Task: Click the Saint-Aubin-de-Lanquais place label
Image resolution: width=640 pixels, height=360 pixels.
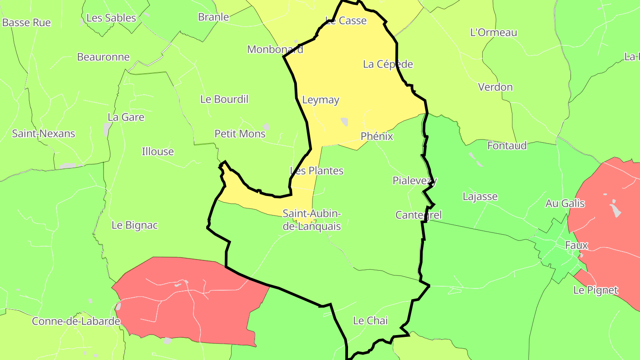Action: tap(312, 220)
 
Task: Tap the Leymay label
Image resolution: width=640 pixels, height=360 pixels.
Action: tap(320, 100)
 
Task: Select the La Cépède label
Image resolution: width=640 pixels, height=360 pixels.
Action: tap(388, 64)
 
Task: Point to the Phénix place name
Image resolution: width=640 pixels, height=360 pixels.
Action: tap(377, 136)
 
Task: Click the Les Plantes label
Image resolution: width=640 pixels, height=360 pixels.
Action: tap(317, 171)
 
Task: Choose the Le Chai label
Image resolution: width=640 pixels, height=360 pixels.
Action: tap(370, 320)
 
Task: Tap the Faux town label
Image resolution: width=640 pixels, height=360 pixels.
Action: tap(576, 245)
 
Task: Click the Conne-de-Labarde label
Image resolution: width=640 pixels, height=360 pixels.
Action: tap(76, 321)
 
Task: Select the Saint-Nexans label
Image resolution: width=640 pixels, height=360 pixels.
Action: tap(44, 133)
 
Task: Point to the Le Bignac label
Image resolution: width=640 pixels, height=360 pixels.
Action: tap(135, 225)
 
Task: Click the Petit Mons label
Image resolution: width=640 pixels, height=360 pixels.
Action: tap(240, 134)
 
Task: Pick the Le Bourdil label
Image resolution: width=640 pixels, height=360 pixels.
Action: tap(224, 99)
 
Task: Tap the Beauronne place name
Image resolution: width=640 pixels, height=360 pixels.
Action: tap(104, 57)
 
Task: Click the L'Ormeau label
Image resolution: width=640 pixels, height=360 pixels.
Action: tap(494, 32)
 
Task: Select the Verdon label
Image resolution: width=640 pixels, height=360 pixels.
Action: tap(495, 87)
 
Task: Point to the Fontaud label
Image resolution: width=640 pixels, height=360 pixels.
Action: tap(507, 145)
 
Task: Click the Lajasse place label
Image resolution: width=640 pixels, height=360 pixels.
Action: tap(480, 196)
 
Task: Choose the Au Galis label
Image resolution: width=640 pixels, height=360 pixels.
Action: tap(565, 204)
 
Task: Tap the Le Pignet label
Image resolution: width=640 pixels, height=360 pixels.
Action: tap(596, 290)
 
